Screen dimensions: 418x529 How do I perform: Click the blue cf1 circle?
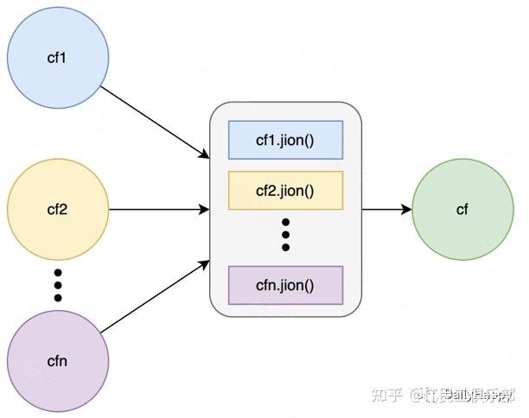58,59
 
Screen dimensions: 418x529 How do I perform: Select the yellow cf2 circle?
58,209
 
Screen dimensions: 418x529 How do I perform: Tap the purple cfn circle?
58,360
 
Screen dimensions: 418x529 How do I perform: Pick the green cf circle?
462,209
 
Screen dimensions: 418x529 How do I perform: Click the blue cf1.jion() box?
285,140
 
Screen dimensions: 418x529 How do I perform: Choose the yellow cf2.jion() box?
285,190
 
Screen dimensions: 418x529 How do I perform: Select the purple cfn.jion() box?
285,285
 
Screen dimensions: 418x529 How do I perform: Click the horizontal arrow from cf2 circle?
160,209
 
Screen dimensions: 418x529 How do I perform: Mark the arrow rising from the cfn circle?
156,295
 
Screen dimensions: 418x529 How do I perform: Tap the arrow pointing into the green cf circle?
386,209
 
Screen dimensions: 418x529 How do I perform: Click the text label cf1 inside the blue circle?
58,59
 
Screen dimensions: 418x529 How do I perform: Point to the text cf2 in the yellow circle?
58,209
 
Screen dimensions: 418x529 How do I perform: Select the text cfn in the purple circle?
58,360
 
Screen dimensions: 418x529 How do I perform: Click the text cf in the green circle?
462,209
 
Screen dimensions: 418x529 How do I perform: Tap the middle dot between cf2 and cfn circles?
58,285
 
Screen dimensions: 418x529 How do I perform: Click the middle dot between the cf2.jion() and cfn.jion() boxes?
285,235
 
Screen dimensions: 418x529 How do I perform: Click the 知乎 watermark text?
386,396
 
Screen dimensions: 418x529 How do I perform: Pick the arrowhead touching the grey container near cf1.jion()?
205,155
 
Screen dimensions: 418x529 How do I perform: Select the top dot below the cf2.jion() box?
285,222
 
